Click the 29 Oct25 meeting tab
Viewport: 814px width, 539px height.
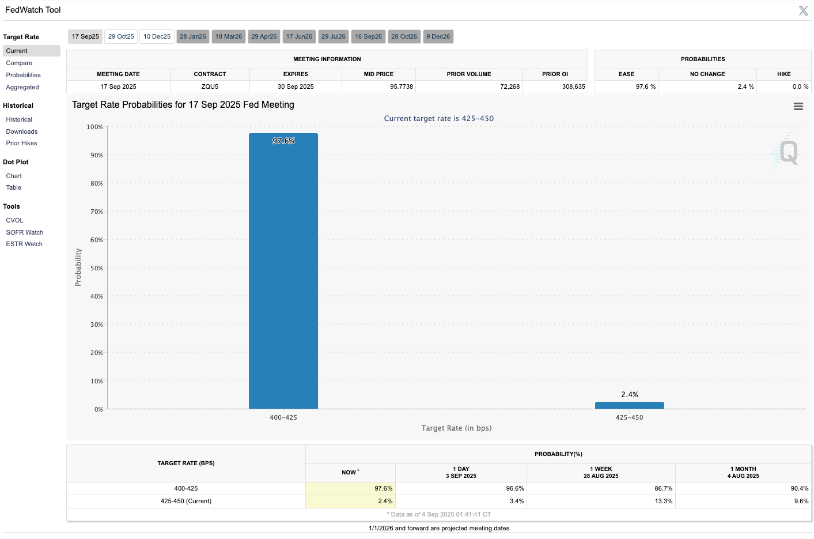point(121,36)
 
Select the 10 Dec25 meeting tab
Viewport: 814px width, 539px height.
point(157,36)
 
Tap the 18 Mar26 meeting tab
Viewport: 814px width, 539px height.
point(229,36)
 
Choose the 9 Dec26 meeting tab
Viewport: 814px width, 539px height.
point(438,36)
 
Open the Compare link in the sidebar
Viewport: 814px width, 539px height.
point(19,63)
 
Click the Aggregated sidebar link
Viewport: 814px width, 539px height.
point(22,87)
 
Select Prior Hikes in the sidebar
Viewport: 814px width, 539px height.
point(21,143)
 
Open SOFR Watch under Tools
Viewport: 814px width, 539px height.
point(25,232)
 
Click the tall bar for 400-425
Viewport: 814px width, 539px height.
point(283,271)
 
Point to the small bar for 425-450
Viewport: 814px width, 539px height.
point(629,405)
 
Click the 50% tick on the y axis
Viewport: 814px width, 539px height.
point(96,268)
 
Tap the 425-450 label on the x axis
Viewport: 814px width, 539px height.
point(629,417)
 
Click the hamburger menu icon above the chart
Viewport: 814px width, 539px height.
point(798,106)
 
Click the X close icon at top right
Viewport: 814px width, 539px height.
point(804,10)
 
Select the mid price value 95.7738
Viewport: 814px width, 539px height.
point(402,86)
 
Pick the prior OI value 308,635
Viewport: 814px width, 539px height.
point(573,86)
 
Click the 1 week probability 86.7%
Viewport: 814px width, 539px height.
point(663,488)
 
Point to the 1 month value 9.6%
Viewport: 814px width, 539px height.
point(801,501)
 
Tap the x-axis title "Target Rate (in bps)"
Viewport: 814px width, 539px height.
point(456,428)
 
